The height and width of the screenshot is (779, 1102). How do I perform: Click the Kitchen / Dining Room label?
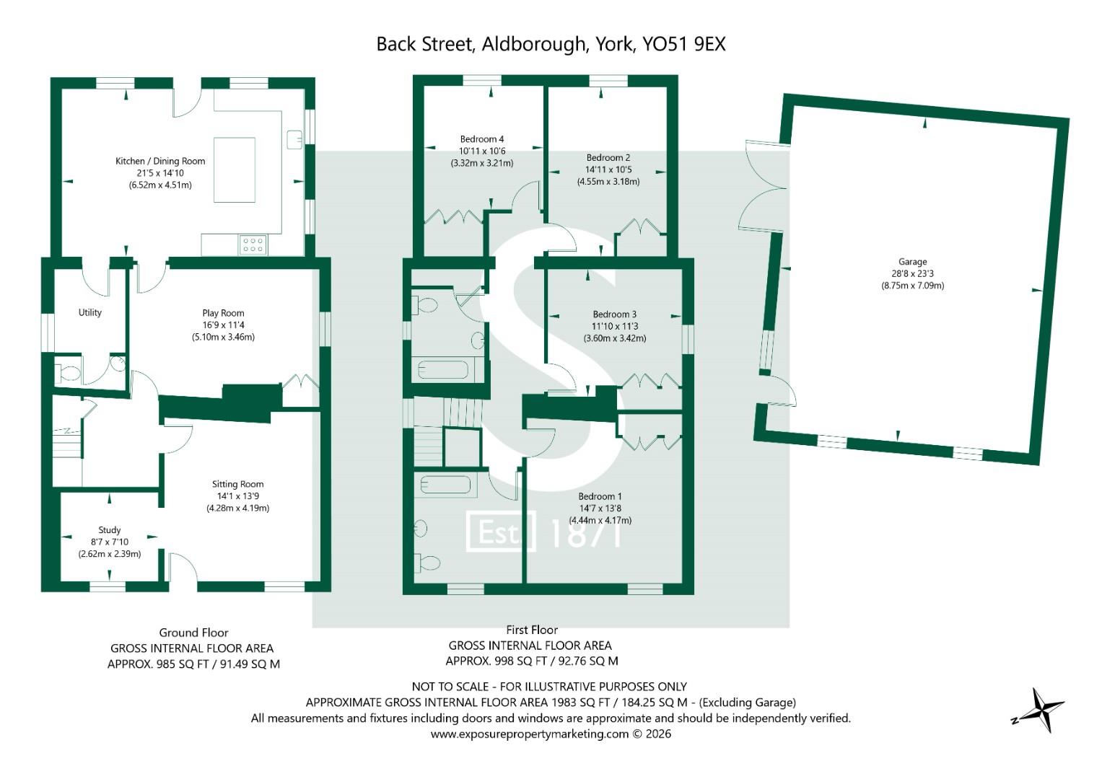tap(160, 162)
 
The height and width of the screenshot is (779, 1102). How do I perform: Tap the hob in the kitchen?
tap(253, 245)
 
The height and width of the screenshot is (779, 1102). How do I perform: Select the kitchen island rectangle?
tap(235, 170)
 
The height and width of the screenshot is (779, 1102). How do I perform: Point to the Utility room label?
tap(90, 312)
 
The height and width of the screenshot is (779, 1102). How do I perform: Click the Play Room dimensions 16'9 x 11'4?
tap(223, 325)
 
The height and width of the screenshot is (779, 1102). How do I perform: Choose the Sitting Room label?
tap(237, 484)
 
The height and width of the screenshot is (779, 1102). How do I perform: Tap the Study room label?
tap(109, 529)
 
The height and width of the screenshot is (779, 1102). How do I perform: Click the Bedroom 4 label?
tap(482, 139)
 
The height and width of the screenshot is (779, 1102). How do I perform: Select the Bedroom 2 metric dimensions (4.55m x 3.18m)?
tap(608, 182)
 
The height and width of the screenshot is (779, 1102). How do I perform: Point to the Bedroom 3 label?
tap(615, 314)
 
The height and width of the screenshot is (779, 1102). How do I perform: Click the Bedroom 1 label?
tap(600, 496)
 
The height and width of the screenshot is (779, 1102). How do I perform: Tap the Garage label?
tap(913, 262)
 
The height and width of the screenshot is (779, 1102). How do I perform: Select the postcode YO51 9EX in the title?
tap(684, 44)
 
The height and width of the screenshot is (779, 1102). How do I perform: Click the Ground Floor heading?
tap(194, 633)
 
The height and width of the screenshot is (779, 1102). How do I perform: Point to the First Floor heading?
tap(532, 630)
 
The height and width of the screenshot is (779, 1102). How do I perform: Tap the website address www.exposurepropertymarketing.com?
tap(530, 734)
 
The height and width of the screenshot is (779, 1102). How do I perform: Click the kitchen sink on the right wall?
tap(294, 139)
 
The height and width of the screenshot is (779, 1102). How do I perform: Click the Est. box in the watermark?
tap(501, 531)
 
